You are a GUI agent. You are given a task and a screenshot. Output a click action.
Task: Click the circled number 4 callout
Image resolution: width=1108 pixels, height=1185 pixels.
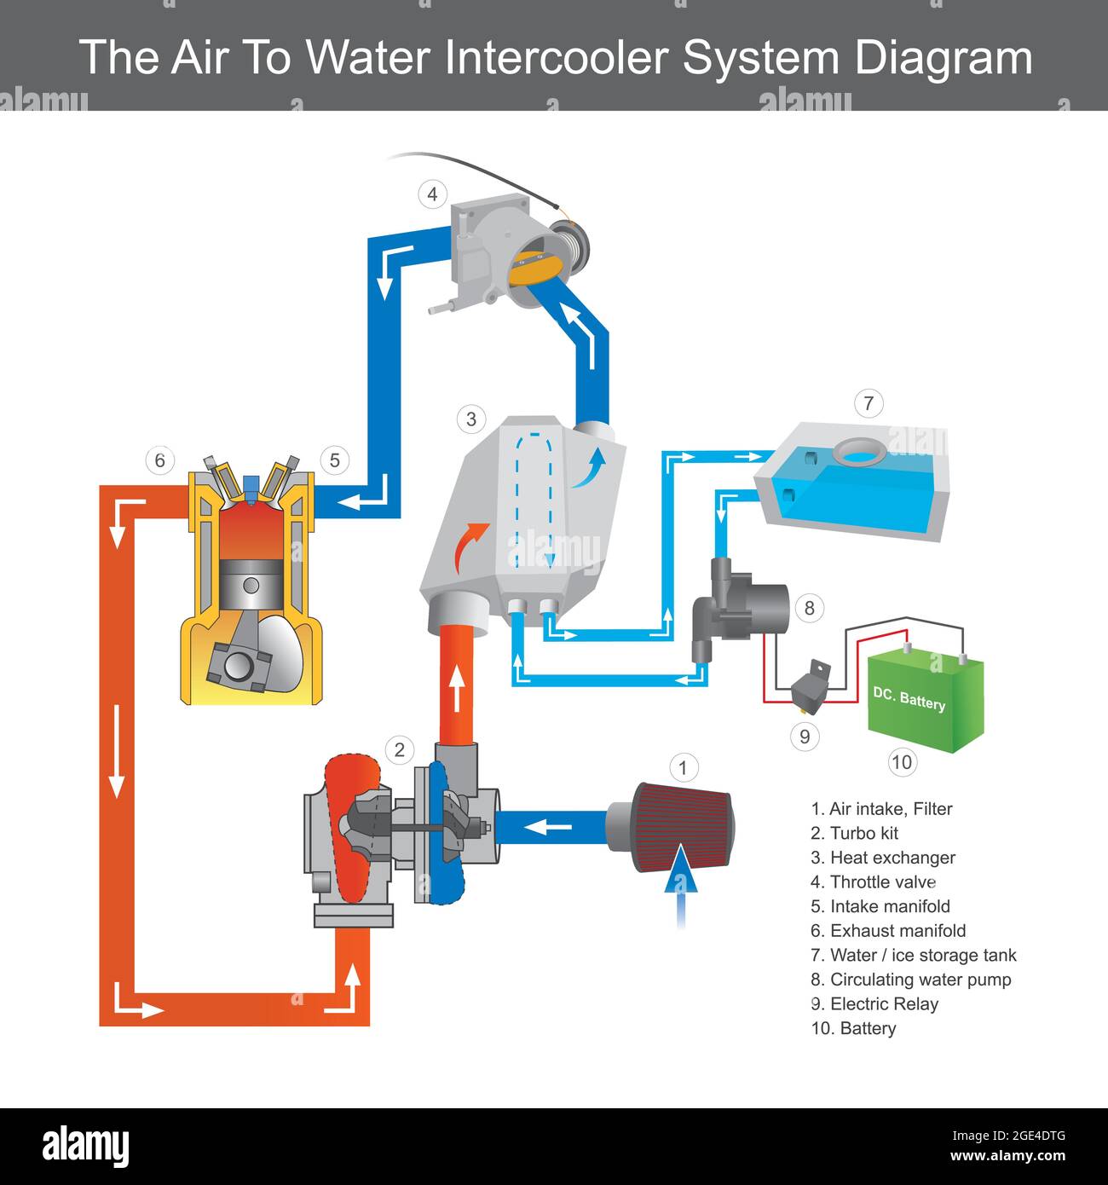tap(432, 194)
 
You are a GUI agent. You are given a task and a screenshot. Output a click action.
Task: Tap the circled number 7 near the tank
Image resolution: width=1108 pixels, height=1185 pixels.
tap(868, 403)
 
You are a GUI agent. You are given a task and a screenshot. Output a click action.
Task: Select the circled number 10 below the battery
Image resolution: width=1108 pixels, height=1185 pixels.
tap(901, 761)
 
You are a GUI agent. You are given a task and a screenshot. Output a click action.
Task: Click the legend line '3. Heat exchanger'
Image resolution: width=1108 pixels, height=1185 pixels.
tap(882, 858)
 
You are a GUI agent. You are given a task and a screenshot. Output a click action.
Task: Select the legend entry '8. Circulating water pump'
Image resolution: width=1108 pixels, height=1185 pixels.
tap(910, 980)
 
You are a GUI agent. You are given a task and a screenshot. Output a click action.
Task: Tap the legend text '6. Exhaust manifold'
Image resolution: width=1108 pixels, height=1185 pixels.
tap(888, 931)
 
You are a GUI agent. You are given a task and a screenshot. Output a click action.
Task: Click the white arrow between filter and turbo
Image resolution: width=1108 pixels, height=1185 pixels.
tap(547, 826)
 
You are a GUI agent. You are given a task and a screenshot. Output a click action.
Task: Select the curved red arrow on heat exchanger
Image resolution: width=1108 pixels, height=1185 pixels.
tap(469, 546)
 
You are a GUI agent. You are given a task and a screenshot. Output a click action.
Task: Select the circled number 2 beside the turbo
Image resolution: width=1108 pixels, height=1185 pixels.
tap(398, 750)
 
